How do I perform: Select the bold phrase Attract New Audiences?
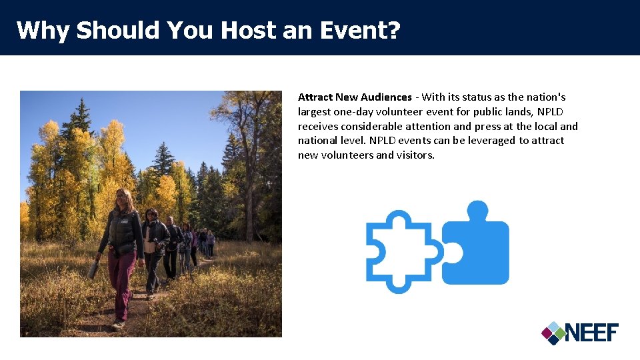[x=355, y=97]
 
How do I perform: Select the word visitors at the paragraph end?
[x=415, y=155]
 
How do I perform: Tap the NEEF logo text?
[x=592, y=332]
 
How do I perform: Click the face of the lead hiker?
[x=123, y=199]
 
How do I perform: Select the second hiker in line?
[x=153, y=247]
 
